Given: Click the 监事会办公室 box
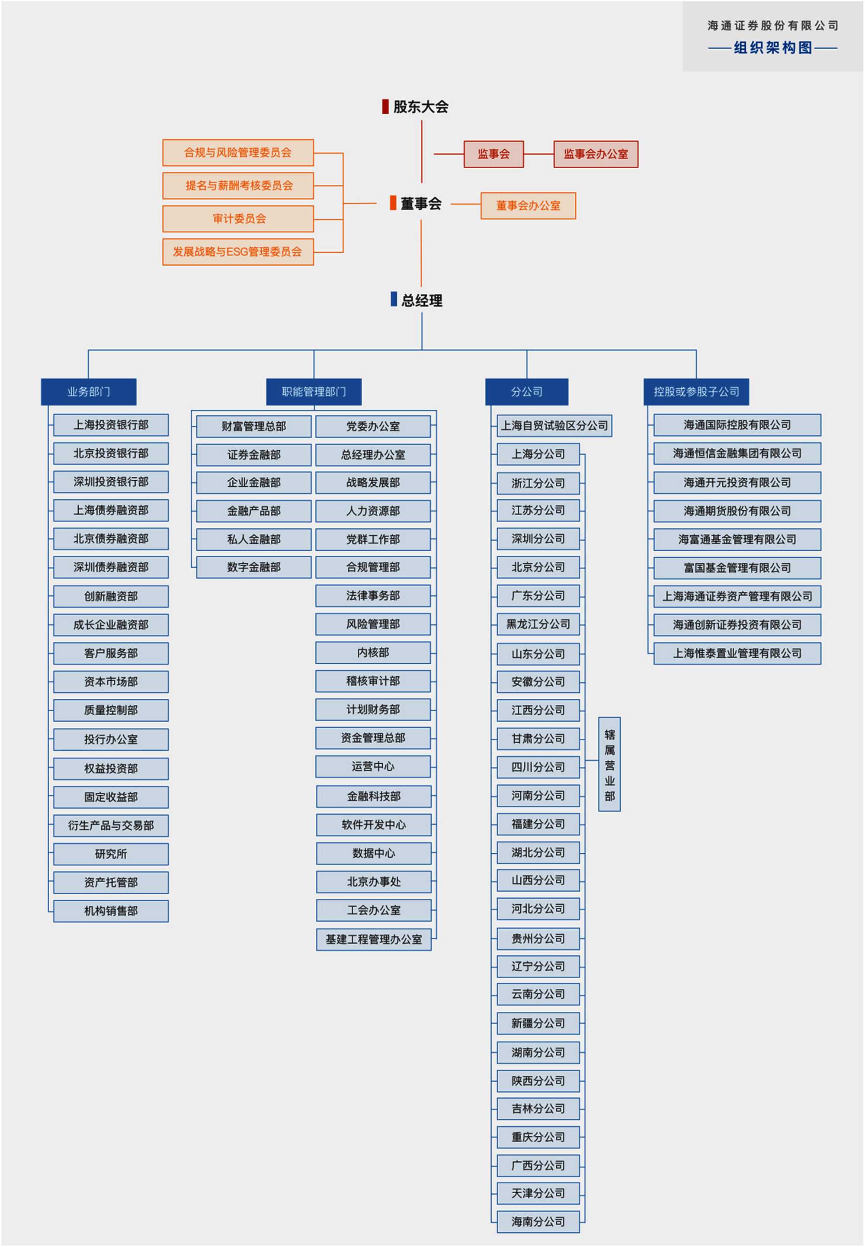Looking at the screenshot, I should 595,154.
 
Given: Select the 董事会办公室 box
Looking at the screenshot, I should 528,206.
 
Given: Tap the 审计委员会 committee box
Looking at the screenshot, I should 238,219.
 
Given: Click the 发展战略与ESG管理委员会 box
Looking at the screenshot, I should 238,251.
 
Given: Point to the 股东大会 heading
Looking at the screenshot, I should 420,107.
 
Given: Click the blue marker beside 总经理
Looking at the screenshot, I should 394,299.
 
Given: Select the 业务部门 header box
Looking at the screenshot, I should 88,392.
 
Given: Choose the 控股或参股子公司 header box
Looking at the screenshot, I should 696,392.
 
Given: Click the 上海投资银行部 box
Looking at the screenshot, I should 111,425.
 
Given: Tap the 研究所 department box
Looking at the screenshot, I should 111,854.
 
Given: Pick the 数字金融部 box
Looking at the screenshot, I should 253,567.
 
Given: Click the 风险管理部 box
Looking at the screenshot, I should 373,624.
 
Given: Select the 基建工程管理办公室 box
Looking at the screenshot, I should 373,939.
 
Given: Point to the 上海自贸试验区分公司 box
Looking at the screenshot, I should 554,426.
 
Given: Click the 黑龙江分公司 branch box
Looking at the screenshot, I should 538,624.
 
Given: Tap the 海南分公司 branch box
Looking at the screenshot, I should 538,1221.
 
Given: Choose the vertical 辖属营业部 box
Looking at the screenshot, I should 609,764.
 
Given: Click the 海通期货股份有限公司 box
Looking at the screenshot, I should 737,511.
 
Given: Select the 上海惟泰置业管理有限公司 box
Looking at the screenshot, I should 737,653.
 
